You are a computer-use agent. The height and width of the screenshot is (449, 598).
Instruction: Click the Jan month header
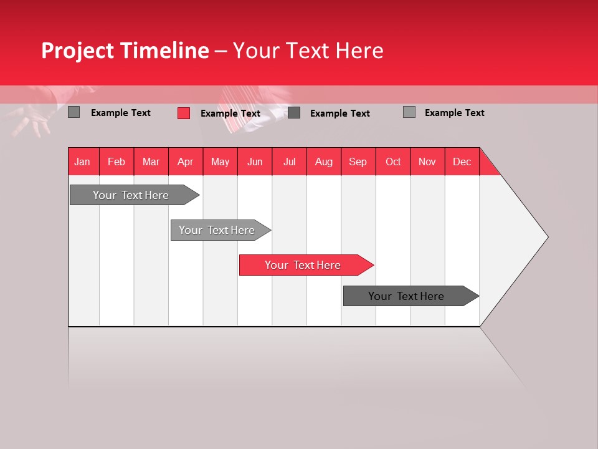(82, 162)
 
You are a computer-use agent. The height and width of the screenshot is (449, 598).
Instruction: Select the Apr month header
(186, 162)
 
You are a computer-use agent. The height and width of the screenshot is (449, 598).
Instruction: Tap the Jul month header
(289, 162)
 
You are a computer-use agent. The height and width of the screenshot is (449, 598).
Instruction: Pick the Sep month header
(358, 162)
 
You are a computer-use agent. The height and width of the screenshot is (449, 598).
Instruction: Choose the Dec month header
(462, 162)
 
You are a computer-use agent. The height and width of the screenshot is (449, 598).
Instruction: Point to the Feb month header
(116, 162)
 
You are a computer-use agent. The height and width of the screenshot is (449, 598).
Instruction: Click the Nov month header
(427, 162)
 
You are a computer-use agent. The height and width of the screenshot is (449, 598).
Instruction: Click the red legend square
(184, 113)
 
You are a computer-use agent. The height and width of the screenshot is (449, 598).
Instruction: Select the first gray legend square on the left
(74, 112)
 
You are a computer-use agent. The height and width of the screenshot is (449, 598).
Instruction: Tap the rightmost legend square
(409, 112)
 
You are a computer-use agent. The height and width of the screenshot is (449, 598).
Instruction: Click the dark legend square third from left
(294, 113)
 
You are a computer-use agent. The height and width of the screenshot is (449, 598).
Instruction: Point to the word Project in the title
(77, 51)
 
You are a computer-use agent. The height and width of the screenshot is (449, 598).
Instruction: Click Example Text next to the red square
(230, 113)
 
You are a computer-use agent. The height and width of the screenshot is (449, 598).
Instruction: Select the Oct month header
(393, 162)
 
